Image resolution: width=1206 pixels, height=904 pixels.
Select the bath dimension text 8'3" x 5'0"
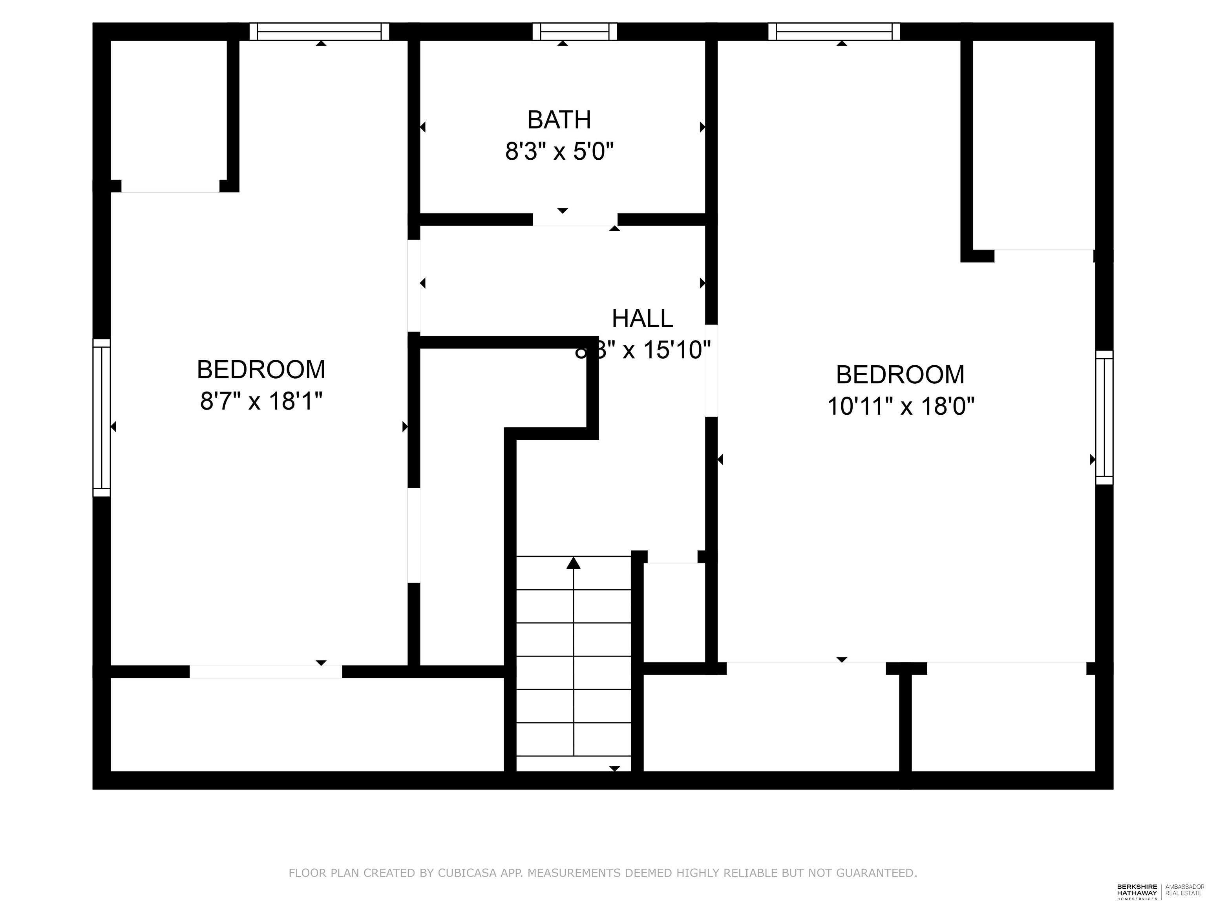559,151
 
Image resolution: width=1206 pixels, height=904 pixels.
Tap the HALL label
642,319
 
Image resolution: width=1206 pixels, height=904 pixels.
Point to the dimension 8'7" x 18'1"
261,402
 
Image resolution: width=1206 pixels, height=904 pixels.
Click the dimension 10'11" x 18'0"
900,406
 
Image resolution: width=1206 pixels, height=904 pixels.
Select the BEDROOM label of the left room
261,370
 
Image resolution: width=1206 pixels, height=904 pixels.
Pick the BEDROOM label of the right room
900,375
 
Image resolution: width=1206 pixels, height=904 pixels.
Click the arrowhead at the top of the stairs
573,563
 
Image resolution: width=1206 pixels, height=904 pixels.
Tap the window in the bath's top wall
574,32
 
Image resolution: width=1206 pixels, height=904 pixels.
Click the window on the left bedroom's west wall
101,417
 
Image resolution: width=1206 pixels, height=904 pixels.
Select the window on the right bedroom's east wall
1104,417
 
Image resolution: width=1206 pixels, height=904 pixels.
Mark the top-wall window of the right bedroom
833,32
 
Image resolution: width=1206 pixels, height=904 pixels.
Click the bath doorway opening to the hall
575,220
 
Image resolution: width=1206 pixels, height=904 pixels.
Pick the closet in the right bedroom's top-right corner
1034,144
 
